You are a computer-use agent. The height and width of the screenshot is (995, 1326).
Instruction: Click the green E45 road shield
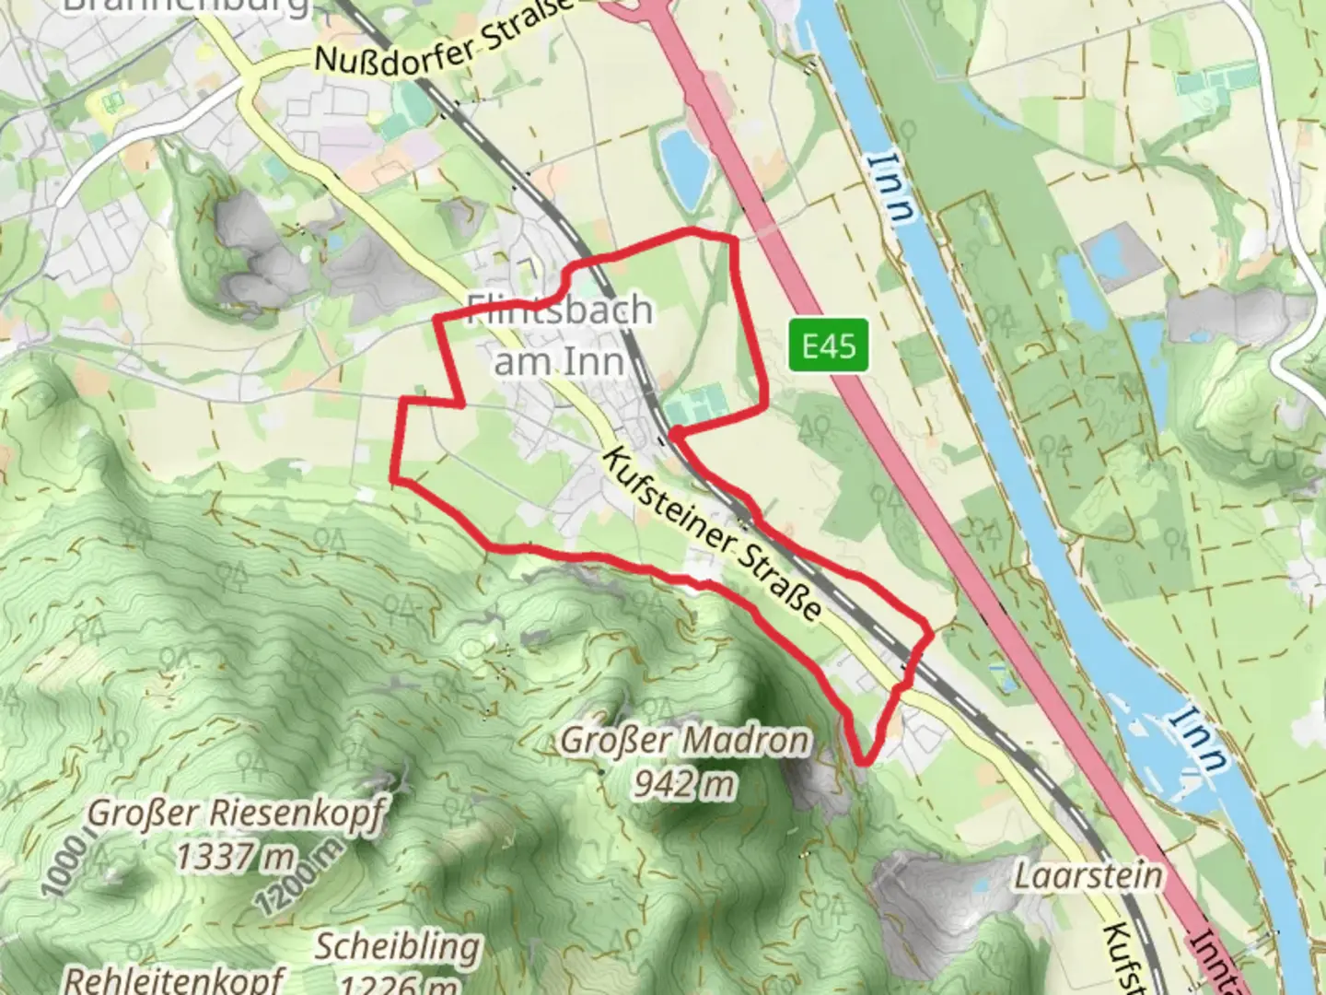829,345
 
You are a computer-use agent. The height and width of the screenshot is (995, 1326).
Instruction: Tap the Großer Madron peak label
686,740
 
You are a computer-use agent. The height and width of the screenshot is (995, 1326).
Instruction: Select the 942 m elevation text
685,784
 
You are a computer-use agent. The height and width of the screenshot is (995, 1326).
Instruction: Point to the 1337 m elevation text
236,858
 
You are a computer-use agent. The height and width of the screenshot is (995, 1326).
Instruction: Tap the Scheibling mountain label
398,946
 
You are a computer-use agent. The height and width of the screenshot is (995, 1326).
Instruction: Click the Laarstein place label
1088,875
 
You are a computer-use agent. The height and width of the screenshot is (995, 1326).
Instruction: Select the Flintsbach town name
560,310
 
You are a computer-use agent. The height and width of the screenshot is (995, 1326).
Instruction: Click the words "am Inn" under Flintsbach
559,360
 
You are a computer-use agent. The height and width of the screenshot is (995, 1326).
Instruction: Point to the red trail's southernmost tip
864,762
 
